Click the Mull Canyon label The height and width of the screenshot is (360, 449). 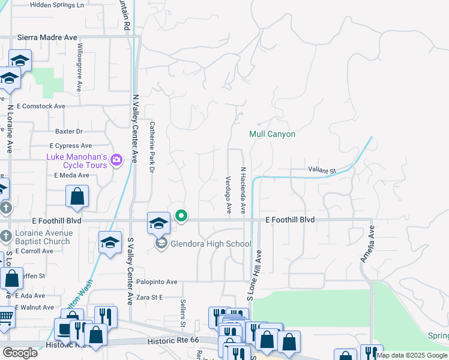tap(273, 134)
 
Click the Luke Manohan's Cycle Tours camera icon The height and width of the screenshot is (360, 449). tap(116, 160)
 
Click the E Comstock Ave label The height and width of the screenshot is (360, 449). tap(41, 106)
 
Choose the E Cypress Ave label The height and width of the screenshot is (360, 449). tap(71, 146)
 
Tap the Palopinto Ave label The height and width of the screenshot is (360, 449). tap(155, 281)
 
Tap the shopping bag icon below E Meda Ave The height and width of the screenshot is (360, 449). tap(77, 196)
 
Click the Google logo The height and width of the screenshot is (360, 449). tap(20, 353)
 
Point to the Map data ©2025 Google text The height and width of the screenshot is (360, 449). tap(412, 355)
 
